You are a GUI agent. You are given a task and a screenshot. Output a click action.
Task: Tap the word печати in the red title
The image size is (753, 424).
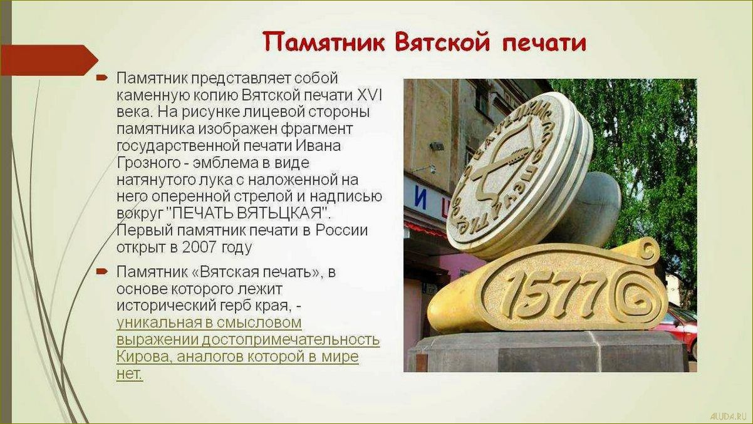click(544, 43)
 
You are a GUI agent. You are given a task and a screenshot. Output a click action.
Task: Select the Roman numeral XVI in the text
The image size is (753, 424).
click(370, 96)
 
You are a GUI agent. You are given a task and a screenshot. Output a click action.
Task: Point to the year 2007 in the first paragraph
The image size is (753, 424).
click(200, 246)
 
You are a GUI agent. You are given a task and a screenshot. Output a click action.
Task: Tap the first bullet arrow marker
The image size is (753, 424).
click(101, 78)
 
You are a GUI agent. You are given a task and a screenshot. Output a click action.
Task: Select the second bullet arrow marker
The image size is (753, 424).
click(101, 271)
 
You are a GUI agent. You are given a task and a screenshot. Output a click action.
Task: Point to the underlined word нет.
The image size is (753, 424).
click(129, 373)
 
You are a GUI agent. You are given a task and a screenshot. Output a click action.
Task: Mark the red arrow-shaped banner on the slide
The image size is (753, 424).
click(48, 60)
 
